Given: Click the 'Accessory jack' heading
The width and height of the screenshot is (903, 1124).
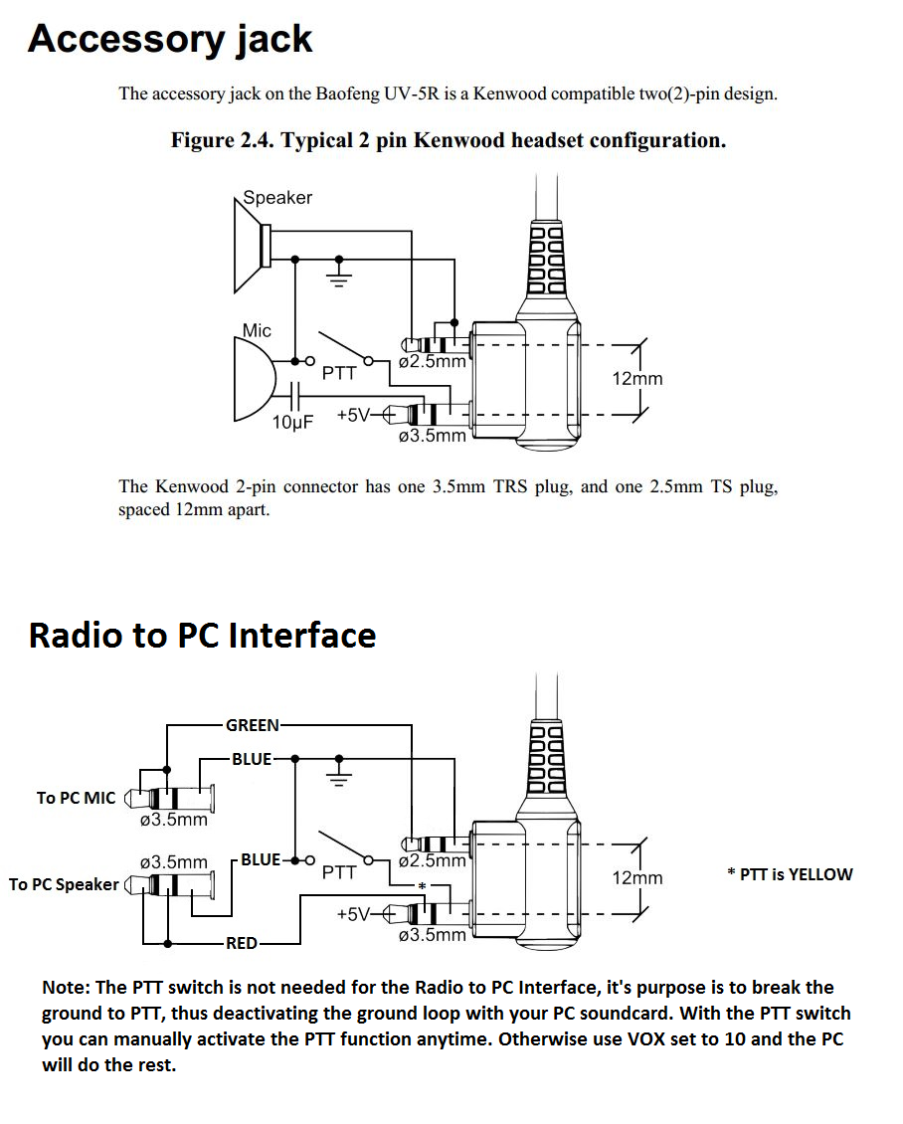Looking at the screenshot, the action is click(x=170, y=40).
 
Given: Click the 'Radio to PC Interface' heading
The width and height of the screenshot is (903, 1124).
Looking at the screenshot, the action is click(x=202, y=636).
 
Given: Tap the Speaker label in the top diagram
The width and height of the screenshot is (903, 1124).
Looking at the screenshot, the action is click(x=277, y=197).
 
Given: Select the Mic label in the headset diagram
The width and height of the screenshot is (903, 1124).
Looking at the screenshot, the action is click(x=257, y=330).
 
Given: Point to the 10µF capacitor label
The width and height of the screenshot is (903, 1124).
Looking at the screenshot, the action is click(x=292, y=422).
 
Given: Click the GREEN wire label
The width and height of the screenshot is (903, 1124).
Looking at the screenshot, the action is click(x=253, y=725).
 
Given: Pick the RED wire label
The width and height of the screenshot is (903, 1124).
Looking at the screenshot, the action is click(x=242, y=943).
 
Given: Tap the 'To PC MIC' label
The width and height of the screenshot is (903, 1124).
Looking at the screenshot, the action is click(x=76, y=798).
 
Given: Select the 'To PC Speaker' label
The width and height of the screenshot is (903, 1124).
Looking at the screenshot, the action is click(x=64, y=884).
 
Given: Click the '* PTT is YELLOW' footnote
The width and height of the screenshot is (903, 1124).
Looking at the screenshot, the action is click(x=790, y=874).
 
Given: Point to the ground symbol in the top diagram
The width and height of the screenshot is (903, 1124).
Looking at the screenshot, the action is click(x=339, y=274).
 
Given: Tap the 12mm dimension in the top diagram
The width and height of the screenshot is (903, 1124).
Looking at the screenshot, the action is click(x=637, y=379).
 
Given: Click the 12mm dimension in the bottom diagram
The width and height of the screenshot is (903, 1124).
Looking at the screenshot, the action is click(x=637, y=878).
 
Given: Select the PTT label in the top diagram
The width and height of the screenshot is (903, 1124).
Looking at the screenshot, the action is click(x=339, y=373).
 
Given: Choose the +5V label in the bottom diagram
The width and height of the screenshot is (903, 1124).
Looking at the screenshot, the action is click(x=353, y=915).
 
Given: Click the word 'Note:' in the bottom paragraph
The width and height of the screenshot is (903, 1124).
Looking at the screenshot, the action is click(x=66, y=988).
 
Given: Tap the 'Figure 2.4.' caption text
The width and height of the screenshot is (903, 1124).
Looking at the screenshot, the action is click(x=222, y=140).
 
